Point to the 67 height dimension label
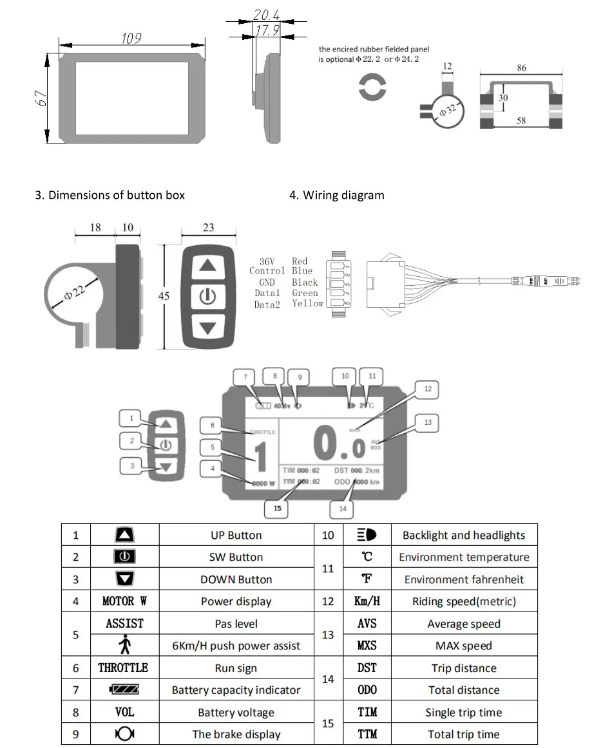40,99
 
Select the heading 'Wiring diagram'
343,195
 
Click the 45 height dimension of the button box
164,297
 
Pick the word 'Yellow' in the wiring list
308,303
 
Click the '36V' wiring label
267,261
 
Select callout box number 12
428,389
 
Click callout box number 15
278,508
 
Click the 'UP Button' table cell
236,535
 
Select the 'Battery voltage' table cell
236,713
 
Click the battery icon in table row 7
124,690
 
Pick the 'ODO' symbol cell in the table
367,690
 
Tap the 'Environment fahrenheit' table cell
464,579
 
